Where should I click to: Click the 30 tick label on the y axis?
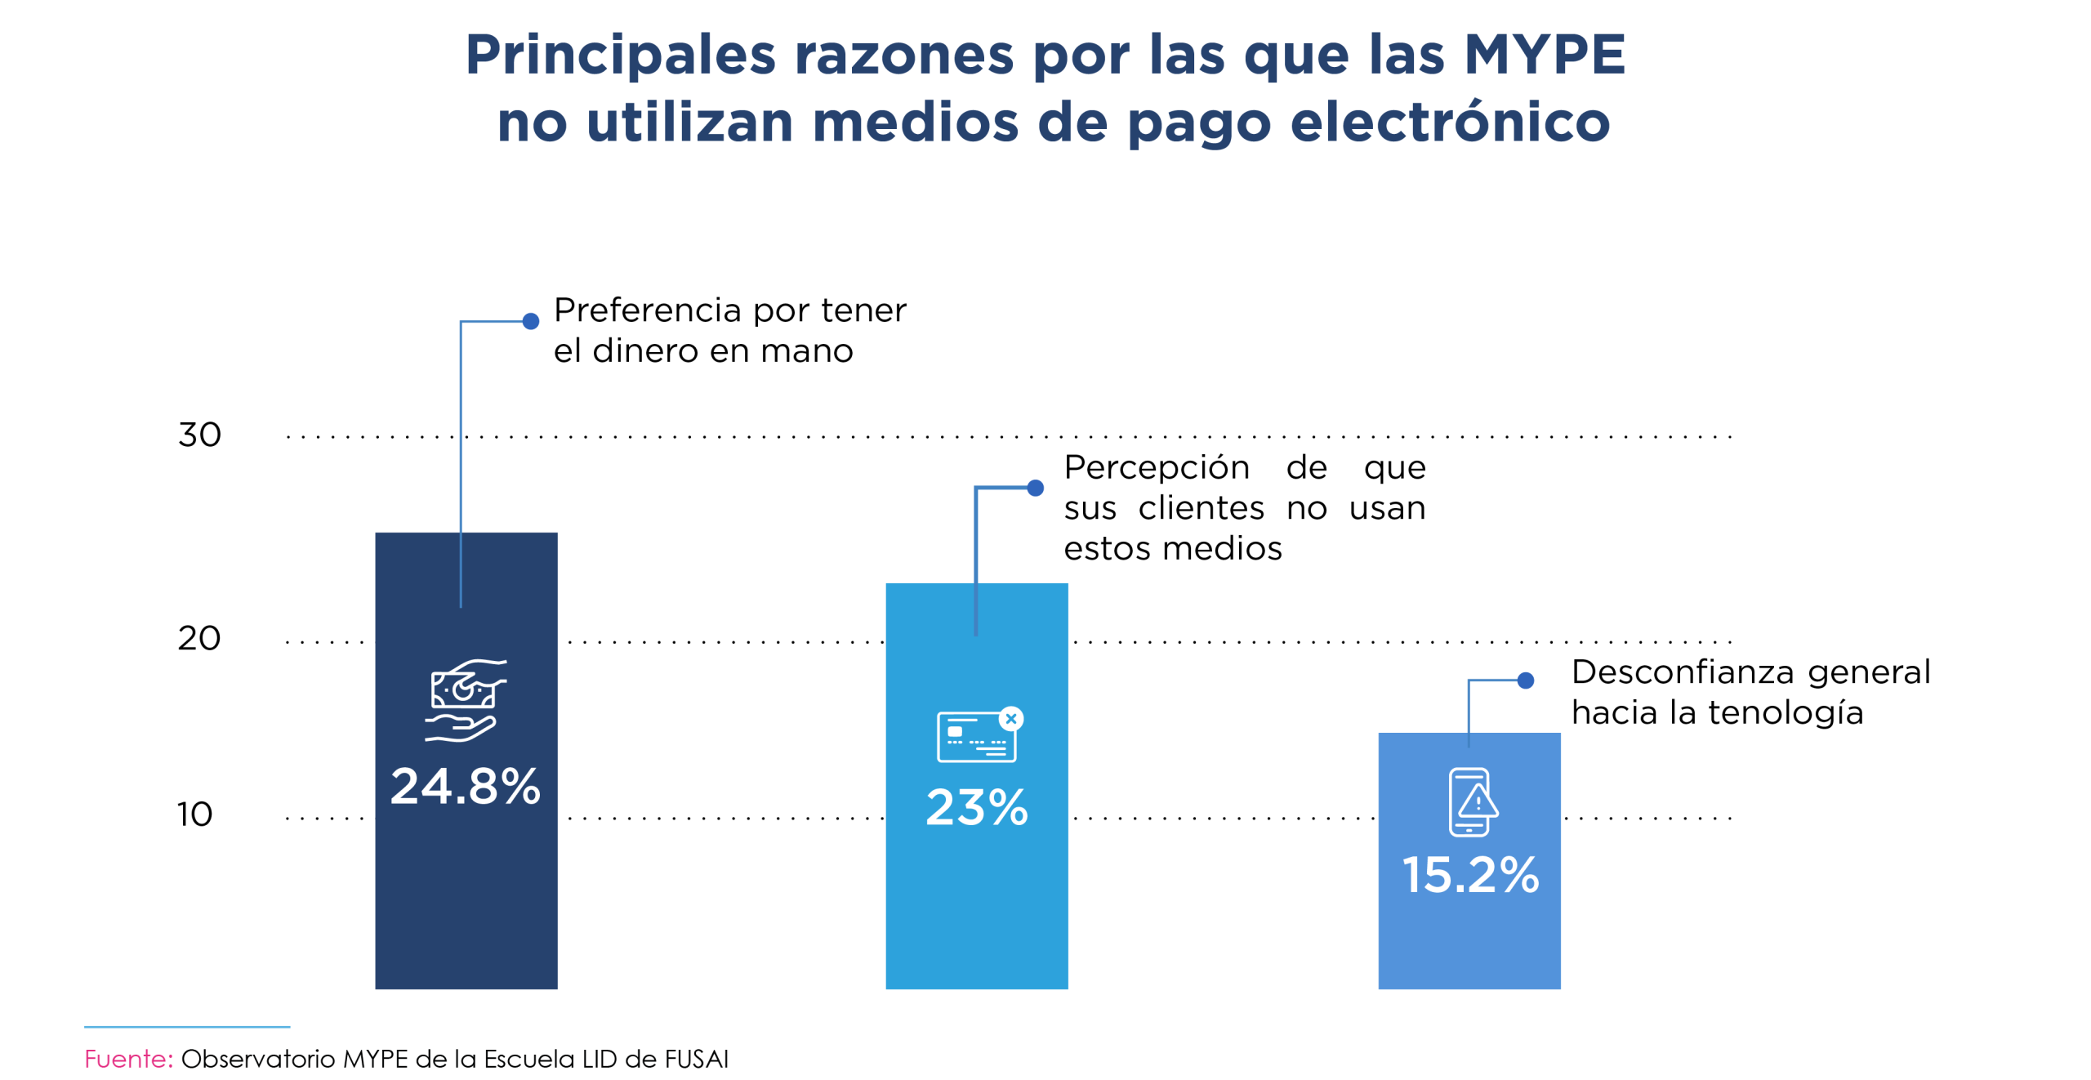click(x=199, y=435)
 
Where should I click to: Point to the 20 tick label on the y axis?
click(x=199, y=638)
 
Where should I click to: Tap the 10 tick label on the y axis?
click(x=194, y=814)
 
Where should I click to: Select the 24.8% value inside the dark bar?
click(x=465, y=787)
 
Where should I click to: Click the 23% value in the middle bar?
click(x=976, y=808)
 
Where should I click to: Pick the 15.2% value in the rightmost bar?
click(x=1469, y=875)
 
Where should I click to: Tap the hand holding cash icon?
click(x=465, y=700)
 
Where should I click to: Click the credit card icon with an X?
click(x=979, y=734)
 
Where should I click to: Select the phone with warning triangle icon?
click(x=1472, y=801)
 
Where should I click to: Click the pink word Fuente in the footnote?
click(x=128, y=1059)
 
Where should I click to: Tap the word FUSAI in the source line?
click(x=696, y=1059)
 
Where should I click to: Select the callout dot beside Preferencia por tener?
click(x=531, y=321)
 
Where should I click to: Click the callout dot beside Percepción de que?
click(x=1035, y=488)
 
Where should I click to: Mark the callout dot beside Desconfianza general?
click(x=1525, y=680)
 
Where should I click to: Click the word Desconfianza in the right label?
click(x=1682, y=672)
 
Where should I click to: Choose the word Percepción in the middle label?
click(x=1156, y=468)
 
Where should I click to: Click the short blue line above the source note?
click(x=187, y=1026)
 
